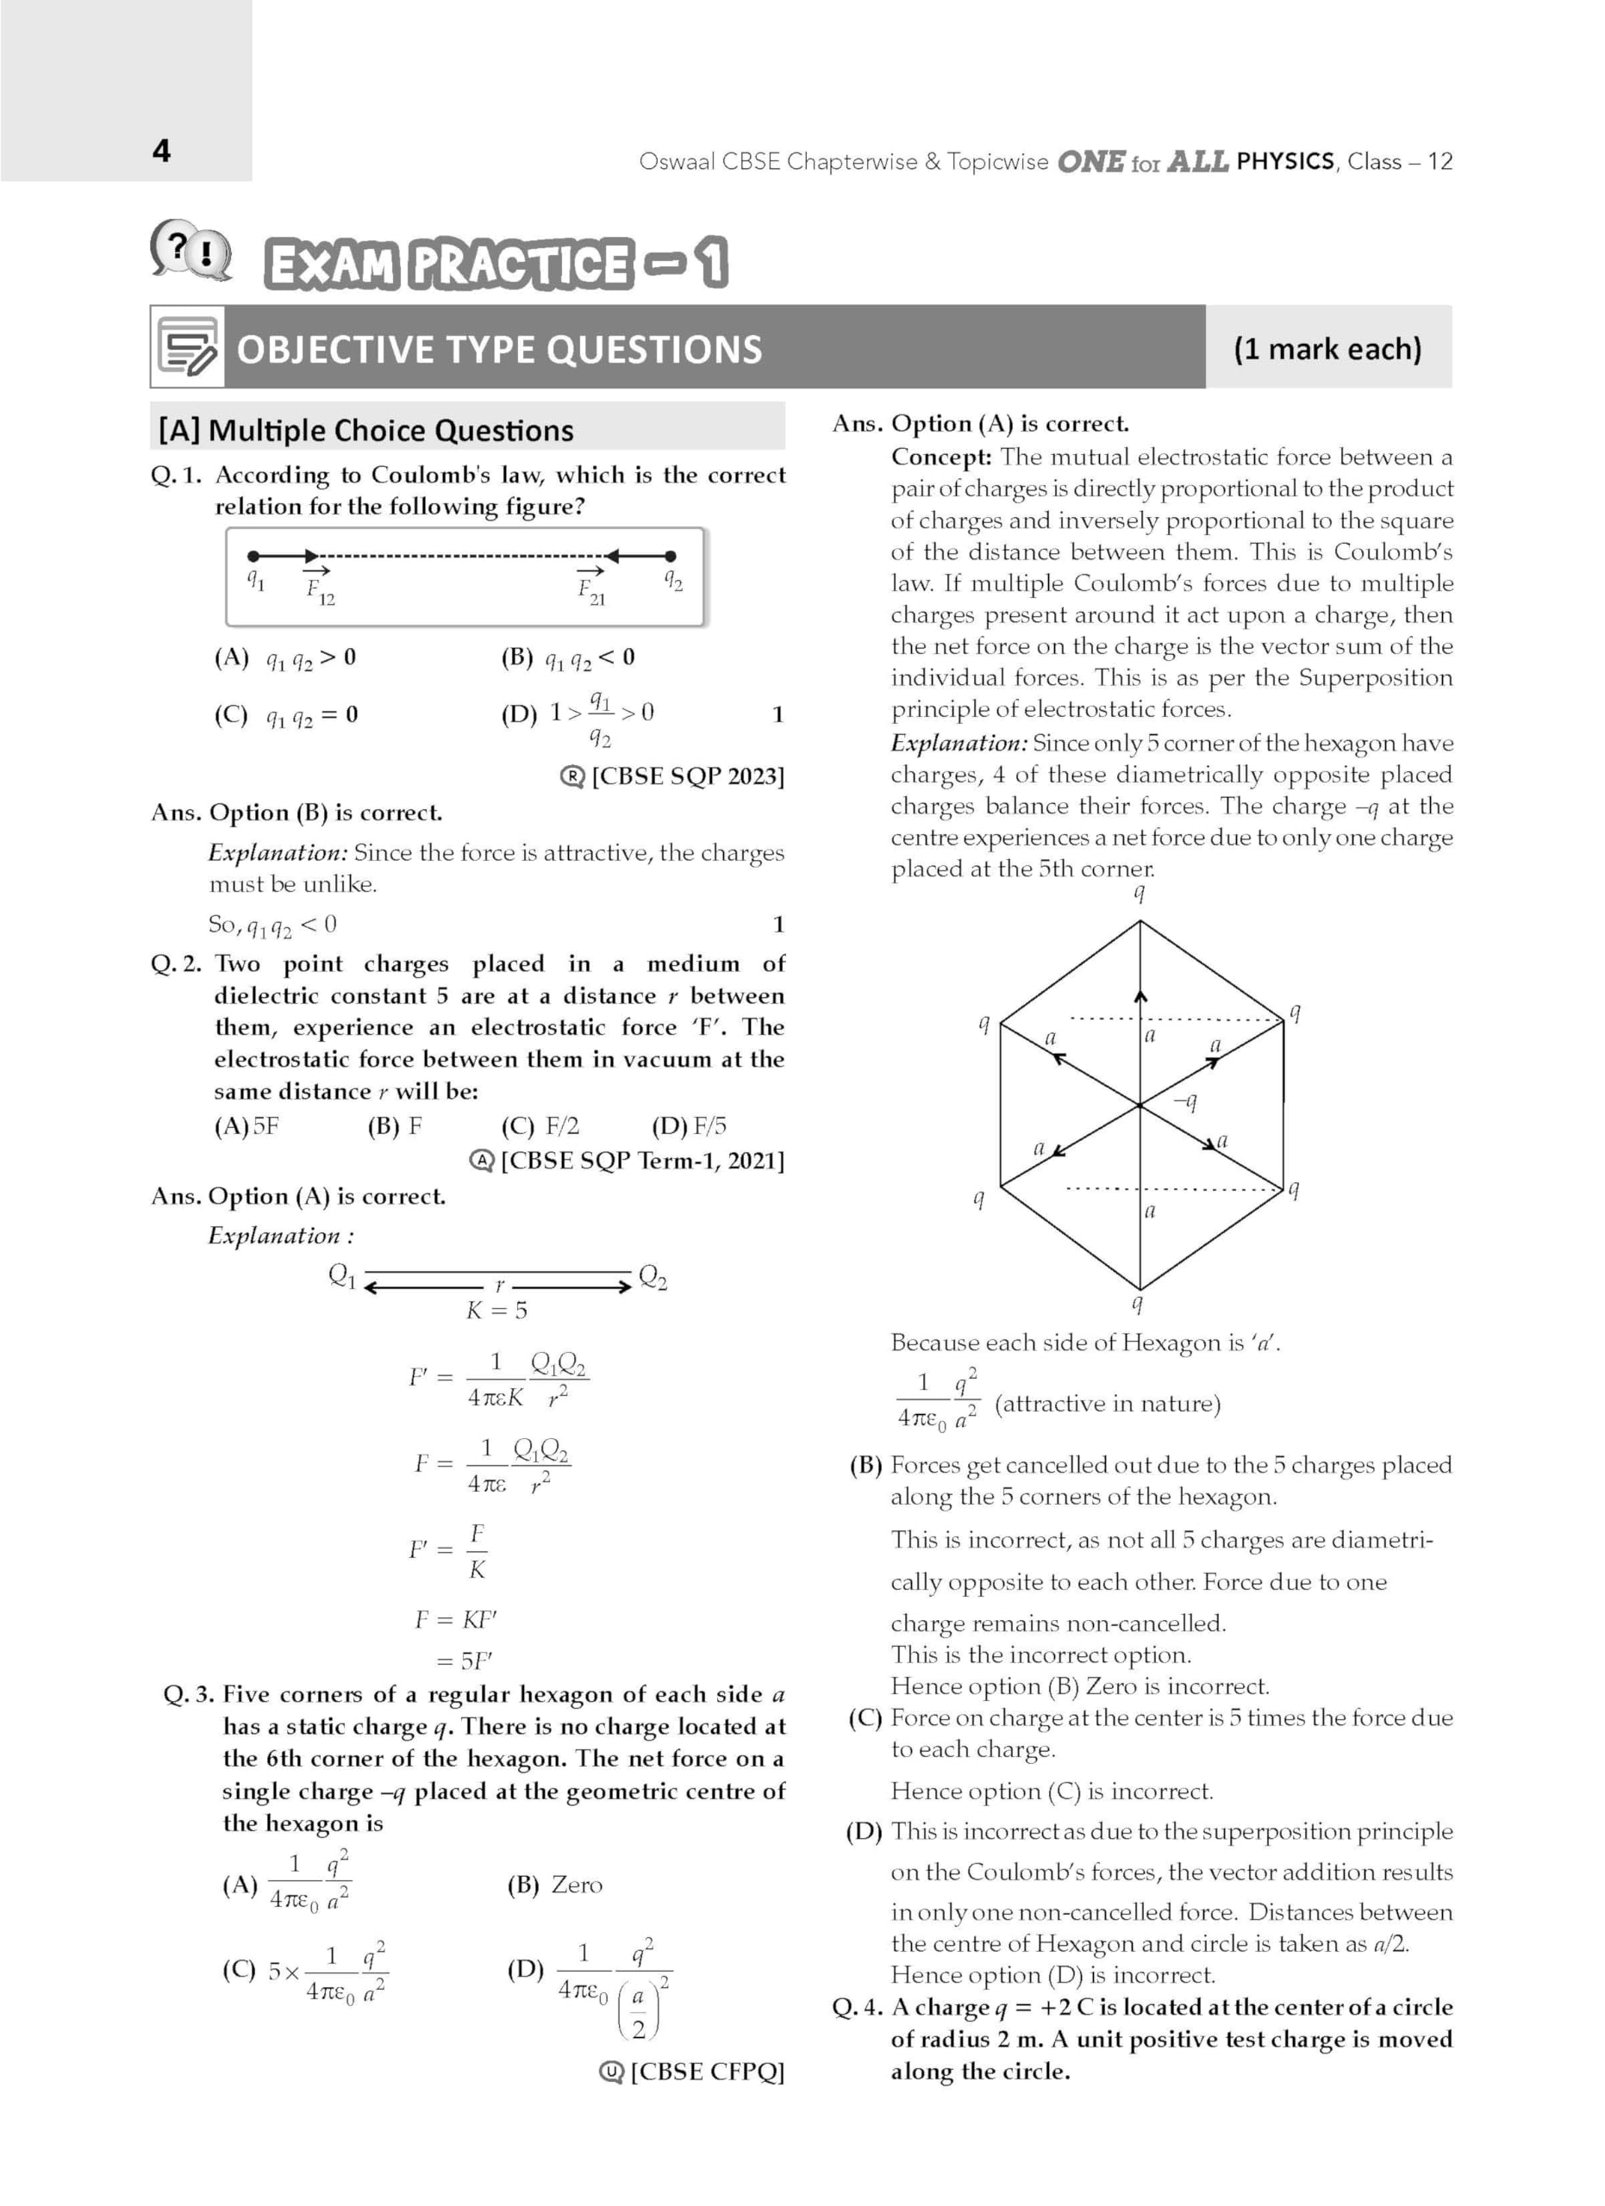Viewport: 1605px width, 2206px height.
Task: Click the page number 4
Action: (161, 151)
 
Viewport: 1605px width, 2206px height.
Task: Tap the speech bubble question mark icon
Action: (190, 251)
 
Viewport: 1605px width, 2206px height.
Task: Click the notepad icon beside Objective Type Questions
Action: (188, 347)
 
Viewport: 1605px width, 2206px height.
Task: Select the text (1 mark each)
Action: (1327, 348)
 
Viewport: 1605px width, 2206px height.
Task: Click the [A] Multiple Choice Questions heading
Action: (365, 430)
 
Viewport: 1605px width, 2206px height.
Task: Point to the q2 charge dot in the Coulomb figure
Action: (671, 557)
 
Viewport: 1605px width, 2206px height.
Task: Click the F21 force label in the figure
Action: (590, 589)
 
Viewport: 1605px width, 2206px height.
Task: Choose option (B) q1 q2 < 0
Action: (568, 658)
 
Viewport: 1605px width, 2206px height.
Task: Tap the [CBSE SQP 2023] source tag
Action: (673, 776)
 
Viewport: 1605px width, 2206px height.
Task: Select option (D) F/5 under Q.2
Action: (689, 1126)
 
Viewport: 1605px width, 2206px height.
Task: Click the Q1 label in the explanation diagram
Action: (342, 1274)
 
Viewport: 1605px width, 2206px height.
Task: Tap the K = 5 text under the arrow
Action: (496, 1310)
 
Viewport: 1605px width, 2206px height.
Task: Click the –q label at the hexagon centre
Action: (1184, 1101)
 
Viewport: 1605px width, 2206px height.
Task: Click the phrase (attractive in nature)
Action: (1107, 1404)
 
